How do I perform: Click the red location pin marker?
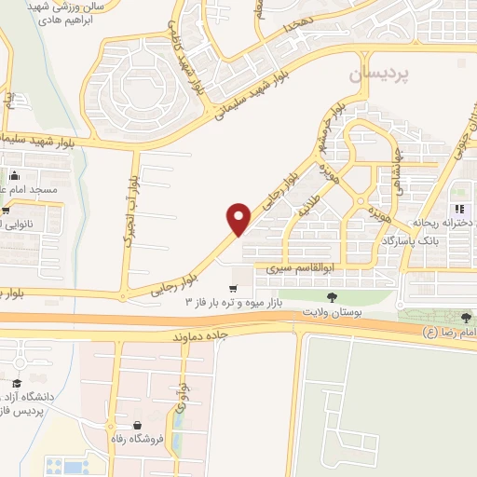click(239, 218)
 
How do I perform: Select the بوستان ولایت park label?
click(331, 311)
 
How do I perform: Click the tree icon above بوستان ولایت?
click(332, 295)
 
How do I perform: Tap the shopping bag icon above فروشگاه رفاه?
click(138, 425)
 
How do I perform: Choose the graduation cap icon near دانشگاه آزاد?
click(16, 383)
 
